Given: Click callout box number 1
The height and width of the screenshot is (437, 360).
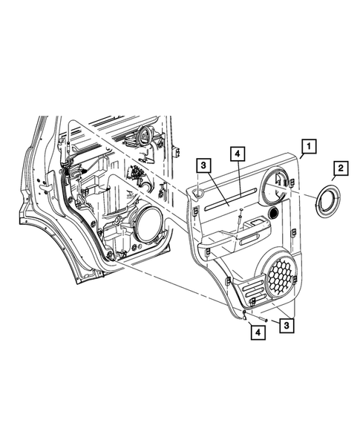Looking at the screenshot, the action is coord(309,146).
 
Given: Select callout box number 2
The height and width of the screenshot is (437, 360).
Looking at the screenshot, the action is coord(341,168).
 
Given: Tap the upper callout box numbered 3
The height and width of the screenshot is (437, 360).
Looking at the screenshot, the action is coord(203,165).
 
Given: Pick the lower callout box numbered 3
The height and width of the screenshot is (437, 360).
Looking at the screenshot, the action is coord(287,325).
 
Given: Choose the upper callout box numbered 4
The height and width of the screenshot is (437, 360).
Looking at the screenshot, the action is coord(238,154).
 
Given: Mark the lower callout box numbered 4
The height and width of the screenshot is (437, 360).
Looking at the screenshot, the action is coord(258,332).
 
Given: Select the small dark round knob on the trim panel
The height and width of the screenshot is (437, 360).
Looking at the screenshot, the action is coord(272,213).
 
